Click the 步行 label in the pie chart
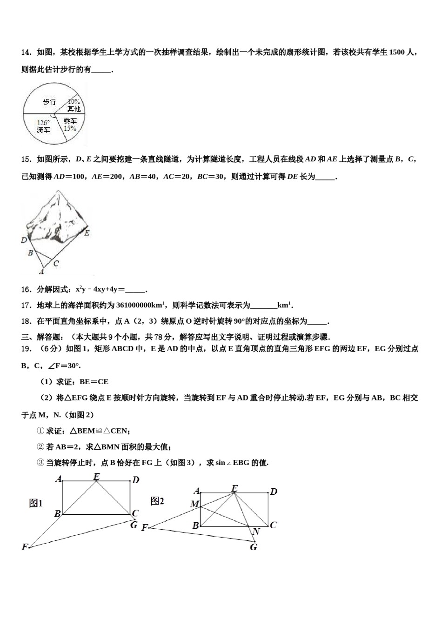point(49,102)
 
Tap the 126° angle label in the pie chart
point(43,123)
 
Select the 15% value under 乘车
point(70,128)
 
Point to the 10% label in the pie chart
point(74,101)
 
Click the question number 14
point(26,53)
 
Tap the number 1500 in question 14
point(396,53)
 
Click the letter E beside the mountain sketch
point(87,233)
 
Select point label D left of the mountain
point(24,240)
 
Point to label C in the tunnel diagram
point(56,264)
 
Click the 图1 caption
point(36,503)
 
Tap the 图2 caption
point(157,501)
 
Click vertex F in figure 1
point(25,547)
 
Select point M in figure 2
point(194,504)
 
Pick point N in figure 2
point(256,532)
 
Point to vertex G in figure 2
point(254,547)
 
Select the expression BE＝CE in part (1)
point(94,382)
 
